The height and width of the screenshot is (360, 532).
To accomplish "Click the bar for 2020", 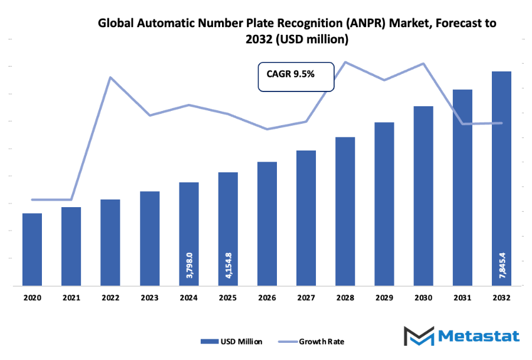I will click(32, 250).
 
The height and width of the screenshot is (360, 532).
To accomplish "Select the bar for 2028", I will click(345, 211).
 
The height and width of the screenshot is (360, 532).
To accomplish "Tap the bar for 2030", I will click(423, 196).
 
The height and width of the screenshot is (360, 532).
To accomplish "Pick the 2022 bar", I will click(110, 243).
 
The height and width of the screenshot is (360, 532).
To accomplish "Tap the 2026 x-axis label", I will click(267, 299).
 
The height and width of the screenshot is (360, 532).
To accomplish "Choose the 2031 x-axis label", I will click(462, 299).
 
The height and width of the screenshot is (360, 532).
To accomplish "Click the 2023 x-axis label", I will click(149, 299).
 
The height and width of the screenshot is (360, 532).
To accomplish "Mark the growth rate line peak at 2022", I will click(110, 77).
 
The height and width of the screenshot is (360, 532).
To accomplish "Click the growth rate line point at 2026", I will click(267, 129).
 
